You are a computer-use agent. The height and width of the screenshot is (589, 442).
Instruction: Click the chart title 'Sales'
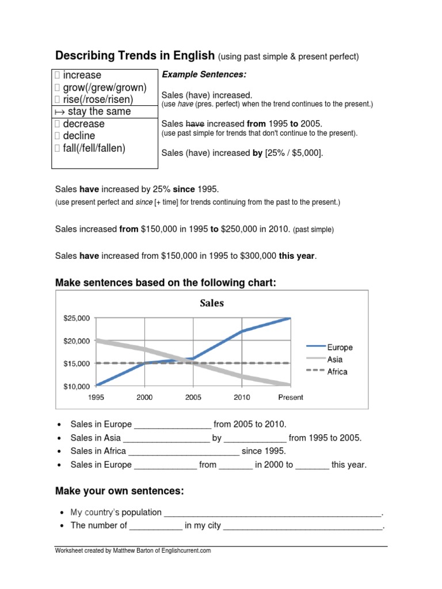pos(211,303)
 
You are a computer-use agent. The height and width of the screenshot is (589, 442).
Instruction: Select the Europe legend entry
pos(340,347)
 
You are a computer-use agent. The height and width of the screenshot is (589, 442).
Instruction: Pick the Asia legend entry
pos(335,359)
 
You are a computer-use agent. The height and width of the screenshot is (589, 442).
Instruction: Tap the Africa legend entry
pos(337,372)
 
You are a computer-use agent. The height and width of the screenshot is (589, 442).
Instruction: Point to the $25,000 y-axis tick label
pos(77,318)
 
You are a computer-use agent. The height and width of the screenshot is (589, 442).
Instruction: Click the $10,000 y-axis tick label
pos(77,386)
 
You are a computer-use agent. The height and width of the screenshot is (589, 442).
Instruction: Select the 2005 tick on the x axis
pos(193,397)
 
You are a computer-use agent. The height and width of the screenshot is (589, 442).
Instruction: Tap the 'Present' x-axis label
pos(290,397)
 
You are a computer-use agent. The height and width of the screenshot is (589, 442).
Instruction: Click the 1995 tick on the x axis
pos(96,397)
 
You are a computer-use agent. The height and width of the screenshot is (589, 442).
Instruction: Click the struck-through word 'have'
pos(196,124)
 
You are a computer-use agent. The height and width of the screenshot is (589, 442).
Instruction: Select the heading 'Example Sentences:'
pos(204,75)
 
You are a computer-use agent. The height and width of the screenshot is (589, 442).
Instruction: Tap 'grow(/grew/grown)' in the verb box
pos(105,87)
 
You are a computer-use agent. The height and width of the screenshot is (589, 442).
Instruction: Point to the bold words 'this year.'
pos(298,256)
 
